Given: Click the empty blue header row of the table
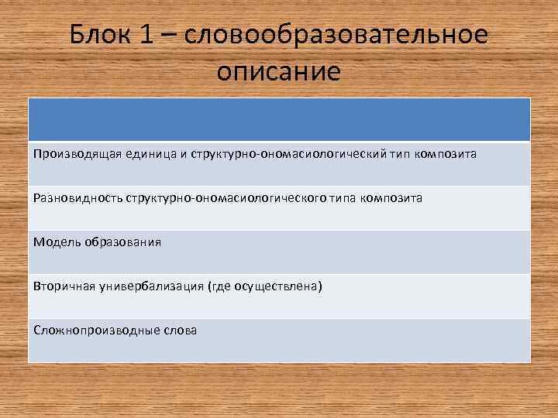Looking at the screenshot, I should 279,119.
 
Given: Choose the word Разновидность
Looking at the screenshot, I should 75,198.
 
